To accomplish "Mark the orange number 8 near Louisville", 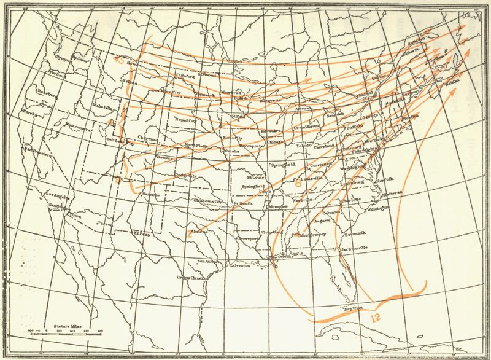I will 298,182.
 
